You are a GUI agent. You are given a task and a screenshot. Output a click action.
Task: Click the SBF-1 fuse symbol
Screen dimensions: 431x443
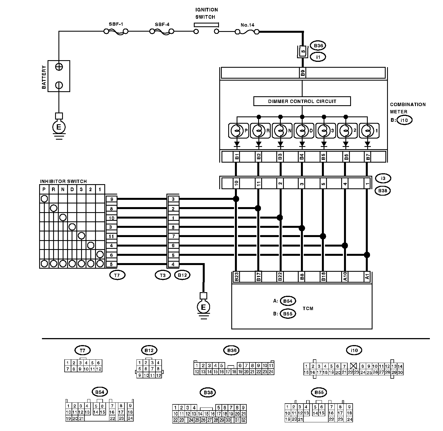(116, 32)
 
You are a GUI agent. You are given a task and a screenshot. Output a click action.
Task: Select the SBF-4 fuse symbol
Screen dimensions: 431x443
(162, 32)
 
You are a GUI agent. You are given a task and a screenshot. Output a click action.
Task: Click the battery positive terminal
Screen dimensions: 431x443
(59, 67)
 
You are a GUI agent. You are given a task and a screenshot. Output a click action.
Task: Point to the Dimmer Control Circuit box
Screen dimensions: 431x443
(302, 101)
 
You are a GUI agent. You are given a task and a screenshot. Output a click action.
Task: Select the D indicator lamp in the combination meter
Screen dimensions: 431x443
(302, 130)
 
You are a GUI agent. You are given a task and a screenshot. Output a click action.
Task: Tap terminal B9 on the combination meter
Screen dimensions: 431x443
(302, 73)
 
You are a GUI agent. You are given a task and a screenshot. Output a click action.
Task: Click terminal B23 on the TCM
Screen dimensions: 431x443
(236, 277)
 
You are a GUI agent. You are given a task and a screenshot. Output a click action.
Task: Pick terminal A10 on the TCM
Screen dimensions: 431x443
(345, 277)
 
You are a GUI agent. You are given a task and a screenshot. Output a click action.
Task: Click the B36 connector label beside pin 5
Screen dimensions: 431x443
(318, 46)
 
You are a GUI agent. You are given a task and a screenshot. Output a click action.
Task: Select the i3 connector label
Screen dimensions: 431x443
(383, 178)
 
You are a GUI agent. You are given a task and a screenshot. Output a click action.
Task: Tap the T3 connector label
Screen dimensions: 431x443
(162, 275)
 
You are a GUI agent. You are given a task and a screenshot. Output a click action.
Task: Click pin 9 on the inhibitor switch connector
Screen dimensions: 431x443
(111, 199)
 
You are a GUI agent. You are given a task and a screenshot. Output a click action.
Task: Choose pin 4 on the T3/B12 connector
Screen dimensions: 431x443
(173, 264)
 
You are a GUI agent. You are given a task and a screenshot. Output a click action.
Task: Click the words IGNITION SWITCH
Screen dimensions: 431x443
(206, 13)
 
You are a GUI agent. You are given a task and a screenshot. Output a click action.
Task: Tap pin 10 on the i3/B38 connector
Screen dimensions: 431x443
(236, 184)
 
